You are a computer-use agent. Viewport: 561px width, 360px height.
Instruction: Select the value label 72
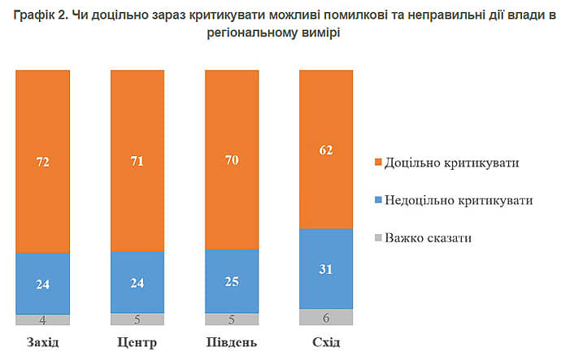(x=42, y=161)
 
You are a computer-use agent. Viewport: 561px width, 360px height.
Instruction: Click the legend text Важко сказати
(x=428, y=239)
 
